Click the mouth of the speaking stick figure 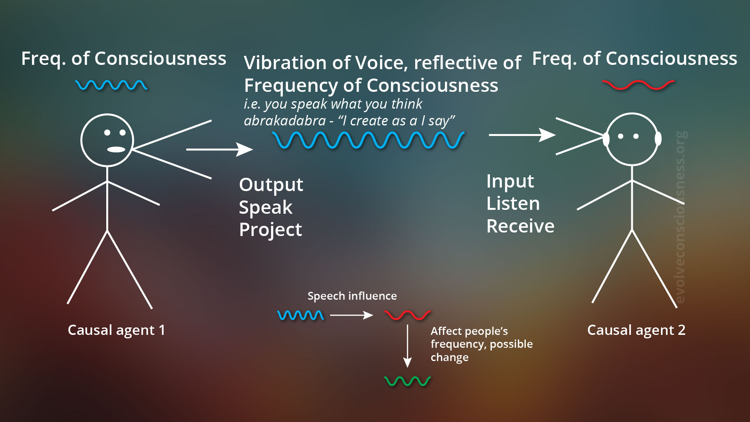pos(116,149)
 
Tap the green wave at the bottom pos(407,381)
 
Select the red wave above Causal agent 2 pos(638,85)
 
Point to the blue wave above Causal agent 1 pos(111,85)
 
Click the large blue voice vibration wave pos(368,140)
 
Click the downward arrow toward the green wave pos(407,346)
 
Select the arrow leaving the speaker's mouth pos(219,149)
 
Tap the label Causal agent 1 pos(116,330)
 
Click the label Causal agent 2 pos(636,330)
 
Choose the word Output pos(271,185)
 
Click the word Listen pos(513,204)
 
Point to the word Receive pos(520,226)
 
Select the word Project pos(270,230)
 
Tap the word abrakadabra pos(285,121)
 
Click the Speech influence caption pos(352,296)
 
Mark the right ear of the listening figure pos(658,139)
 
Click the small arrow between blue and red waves pos(351,315)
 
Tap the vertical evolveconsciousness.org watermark pos(680,217)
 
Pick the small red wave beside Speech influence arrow pos(407,315)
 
